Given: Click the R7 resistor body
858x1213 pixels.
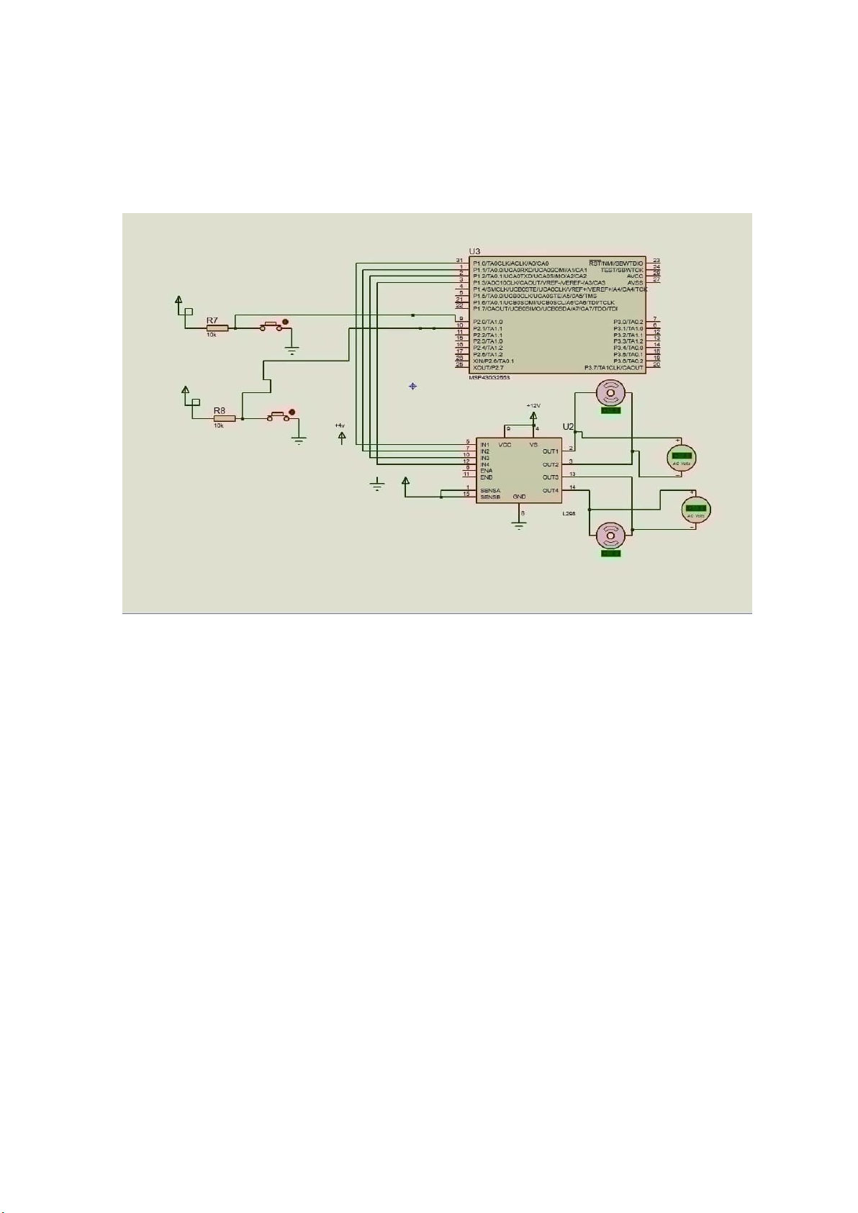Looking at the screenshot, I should pos(217,328).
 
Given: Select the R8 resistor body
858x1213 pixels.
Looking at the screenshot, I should pos(224,418).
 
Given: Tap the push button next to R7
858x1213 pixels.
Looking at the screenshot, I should pos(272,326).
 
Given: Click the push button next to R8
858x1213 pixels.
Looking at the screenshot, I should pos(279,416).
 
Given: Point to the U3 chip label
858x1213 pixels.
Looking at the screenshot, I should pos(474,251).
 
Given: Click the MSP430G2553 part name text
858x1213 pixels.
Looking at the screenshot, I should pos(489,377).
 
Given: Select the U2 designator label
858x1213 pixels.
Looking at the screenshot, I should pos(568,427).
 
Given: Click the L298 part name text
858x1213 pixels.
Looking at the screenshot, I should pos(569,513).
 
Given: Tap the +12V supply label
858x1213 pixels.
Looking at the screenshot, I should pos(533,406).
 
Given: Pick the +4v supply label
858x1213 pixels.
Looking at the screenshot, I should pos(340,425).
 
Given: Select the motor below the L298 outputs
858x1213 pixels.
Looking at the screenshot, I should pos(610,536).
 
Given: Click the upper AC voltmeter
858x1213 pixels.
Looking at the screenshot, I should pos(681,456).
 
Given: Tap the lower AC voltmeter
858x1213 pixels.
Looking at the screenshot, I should pos(695,509).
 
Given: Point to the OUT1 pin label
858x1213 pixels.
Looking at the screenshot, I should pos(550,451).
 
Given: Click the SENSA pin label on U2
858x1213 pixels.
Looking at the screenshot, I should pos(490,490).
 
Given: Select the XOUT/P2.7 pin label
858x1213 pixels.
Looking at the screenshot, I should pos(488,367).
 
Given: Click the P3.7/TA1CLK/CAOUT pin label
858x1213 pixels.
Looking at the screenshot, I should pos(613,368).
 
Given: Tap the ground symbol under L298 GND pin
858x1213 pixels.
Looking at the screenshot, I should pos(519,524).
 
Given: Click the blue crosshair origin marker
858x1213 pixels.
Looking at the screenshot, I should pos(412,387).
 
